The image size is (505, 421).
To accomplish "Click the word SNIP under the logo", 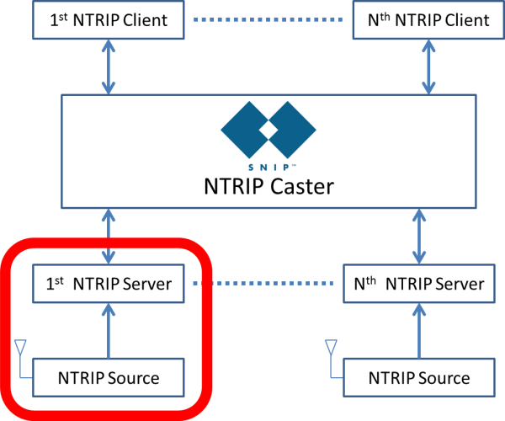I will click(268, 168).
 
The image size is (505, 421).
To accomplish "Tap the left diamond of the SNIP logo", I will click(247, 130).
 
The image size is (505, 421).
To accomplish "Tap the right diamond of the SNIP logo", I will click(291, 130).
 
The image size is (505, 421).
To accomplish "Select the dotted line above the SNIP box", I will click(268, 19).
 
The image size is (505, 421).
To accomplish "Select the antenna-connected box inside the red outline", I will click(108, 377).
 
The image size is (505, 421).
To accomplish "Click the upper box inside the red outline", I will click(108, 284).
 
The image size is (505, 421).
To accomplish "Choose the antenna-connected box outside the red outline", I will click(419, 377).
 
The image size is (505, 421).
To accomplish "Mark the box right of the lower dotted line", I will click(419, 284).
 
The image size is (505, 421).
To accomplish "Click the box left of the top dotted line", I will click(108, 20).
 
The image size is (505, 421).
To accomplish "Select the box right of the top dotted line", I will click(428, 20).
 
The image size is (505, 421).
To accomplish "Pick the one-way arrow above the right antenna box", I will click(419, 331).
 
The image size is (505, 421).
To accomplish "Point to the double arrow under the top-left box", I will click(108, 67).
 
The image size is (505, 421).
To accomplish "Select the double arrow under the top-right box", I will click(428, 67).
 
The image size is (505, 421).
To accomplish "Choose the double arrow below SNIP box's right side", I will click(419, 237).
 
